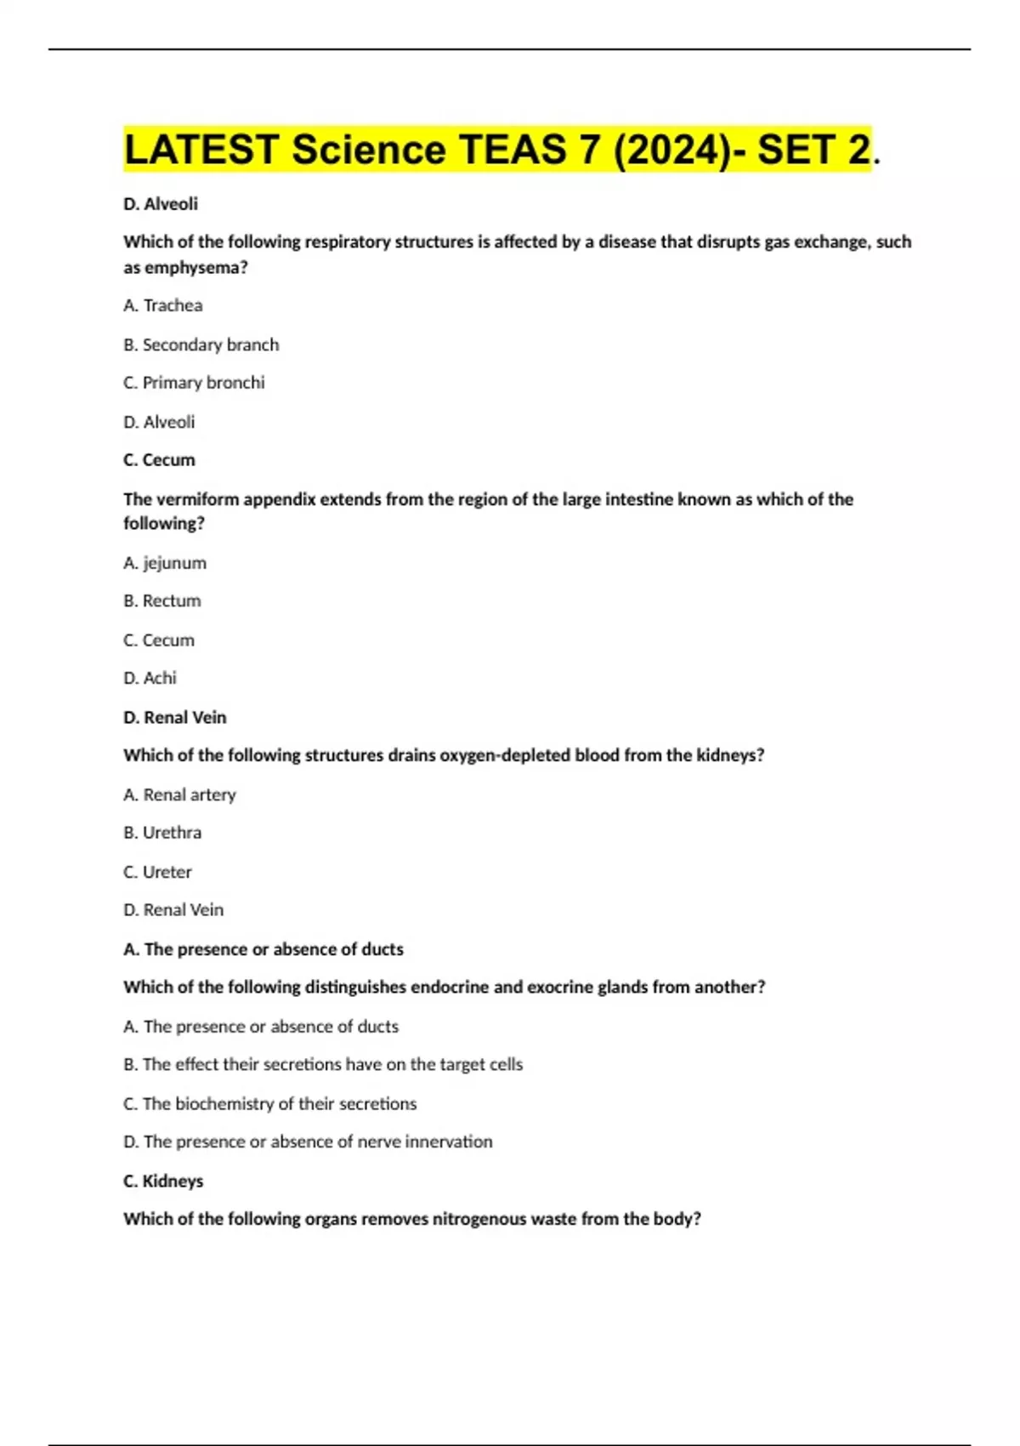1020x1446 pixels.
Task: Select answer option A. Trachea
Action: (x=163, y=305)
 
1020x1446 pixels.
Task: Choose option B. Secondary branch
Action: (x=201, y=344)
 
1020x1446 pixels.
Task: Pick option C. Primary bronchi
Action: (x=195, y=383)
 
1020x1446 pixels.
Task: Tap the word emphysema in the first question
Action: (x=192, y=267)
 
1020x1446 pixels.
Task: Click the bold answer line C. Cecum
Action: (x=159, y=460)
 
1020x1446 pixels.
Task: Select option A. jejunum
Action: (x=165, y=563)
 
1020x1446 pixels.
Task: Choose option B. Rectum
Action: (x=162, y=601)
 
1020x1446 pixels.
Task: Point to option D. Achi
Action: (x=150, y=678)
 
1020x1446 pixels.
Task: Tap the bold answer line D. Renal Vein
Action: (x=175, y=717)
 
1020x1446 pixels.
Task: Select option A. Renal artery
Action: (x=179, y=794)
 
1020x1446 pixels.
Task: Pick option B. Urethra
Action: (x=162, y=833)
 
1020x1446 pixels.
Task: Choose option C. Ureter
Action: (x=158, y=872)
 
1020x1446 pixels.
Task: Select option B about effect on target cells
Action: (x=323, y=1064)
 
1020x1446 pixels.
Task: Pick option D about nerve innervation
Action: (x=308, y=1141)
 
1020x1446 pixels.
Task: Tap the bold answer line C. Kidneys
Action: (x=163, y=1181)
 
